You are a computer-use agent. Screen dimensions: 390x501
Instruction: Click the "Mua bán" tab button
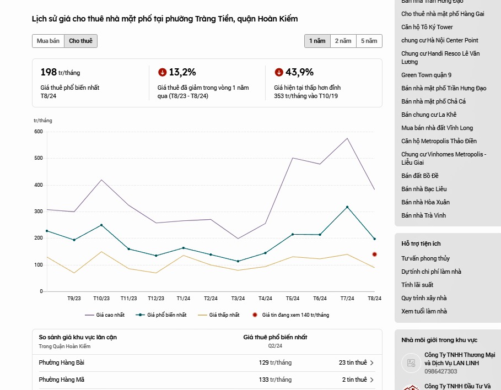(48, 41)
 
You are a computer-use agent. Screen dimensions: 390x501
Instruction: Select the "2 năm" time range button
(342, 41)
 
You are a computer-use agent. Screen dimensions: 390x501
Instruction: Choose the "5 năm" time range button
(369, 41)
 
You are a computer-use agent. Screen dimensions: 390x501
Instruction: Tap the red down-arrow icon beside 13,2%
(162, 72)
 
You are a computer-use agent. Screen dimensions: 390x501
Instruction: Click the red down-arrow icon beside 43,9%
(279, 72)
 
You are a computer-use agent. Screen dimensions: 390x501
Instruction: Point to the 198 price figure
(49, 72)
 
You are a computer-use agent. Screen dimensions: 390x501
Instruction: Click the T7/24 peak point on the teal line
(347, 207)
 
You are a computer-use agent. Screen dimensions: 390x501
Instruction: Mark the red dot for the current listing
(374, 254)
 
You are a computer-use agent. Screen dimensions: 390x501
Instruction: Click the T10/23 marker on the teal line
(101, 225)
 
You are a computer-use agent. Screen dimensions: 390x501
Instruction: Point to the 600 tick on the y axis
(38, 132)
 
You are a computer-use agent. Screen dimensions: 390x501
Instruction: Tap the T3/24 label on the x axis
(238, 299)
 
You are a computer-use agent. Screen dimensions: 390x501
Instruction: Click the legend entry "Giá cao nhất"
(105, 315)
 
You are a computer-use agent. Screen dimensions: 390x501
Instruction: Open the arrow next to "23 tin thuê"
(372, 363)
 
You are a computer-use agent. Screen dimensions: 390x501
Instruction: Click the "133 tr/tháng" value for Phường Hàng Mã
(275, 380)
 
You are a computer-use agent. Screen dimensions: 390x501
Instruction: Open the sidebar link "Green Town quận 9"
(426, 75)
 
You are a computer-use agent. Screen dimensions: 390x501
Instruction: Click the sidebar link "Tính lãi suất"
(417, 285)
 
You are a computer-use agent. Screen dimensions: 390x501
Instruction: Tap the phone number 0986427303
(440, 372)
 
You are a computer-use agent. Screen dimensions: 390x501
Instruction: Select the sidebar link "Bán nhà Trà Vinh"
(423, 215)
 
